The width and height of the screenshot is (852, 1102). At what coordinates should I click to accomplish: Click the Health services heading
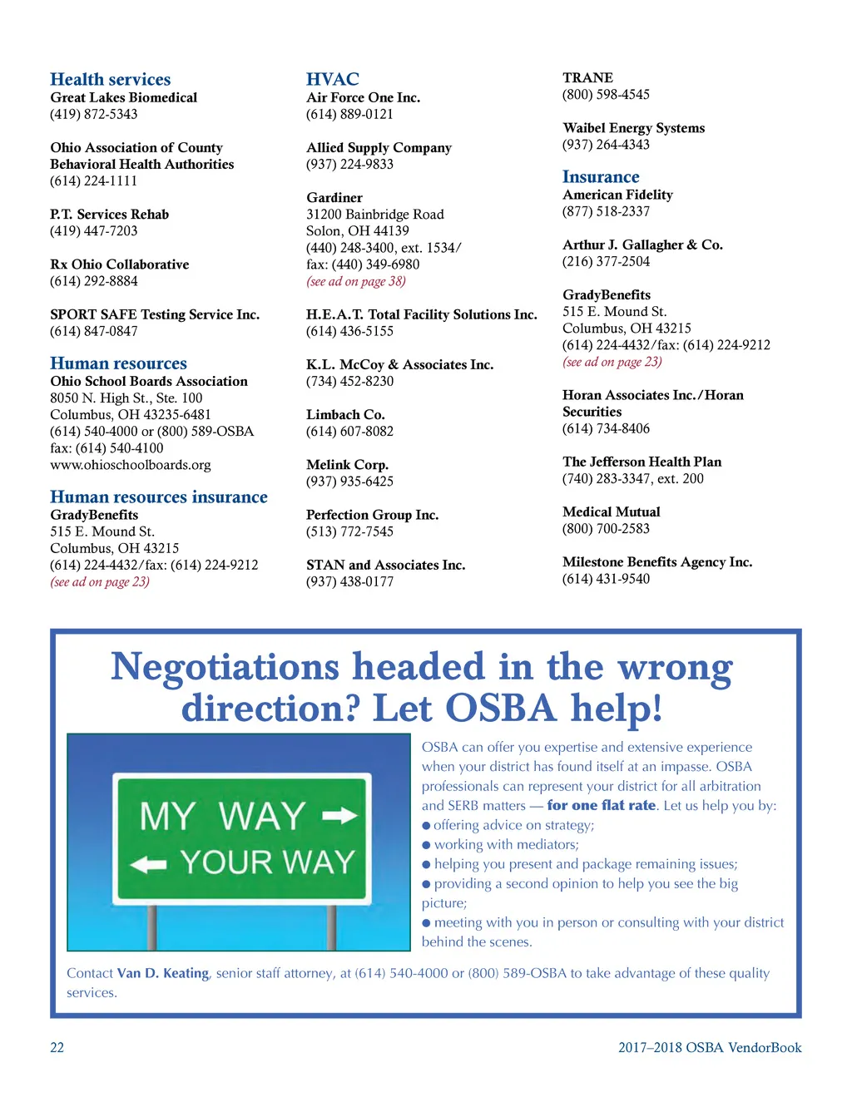tap(110, 80)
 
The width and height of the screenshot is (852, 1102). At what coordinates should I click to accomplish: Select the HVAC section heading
tap(332, 80)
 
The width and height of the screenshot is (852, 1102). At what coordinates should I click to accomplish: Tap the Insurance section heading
tap(600, 177)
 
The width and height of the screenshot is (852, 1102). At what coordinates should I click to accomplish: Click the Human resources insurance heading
tap(158, 497)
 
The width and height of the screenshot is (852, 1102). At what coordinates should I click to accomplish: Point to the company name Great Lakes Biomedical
tap(123, 97)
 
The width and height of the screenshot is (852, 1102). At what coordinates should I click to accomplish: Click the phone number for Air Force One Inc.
tap(349, 114)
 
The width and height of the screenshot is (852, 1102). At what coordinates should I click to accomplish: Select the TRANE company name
tap(587, 77)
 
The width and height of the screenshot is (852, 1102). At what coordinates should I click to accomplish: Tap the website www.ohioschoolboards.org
tap(130, 465)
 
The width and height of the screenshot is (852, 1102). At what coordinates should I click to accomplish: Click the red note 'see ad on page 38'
tap(355, 281)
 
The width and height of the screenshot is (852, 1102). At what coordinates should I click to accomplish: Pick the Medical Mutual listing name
tap(611, 511)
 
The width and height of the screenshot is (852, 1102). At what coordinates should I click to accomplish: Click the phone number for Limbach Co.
tap(349, 431)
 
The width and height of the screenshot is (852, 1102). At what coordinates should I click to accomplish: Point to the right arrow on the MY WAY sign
tap(339, 816)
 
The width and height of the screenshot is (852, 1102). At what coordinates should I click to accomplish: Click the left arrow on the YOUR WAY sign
tap(149, 865)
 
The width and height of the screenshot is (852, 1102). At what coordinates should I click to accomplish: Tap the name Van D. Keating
tap(163, 973)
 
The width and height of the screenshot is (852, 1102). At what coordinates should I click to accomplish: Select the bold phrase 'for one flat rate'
tap(601, 805)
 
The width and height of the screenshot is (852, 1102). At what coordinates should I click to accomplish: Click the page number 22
tap(57, 1048)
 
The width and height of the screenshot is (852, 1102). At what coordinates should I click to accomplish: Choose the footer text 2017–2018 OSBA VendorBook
tap(709, 1048)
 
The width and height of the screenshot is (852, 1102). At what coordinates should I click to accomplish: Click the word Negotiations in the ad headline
tap(225, 667)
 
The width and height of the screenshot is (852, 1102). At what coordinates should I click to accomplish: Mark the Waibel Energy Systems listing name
tap(633, 128)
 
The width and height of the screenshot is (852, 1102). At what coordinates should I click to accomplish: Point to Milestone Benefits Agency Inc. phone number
tap(606, 579)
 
